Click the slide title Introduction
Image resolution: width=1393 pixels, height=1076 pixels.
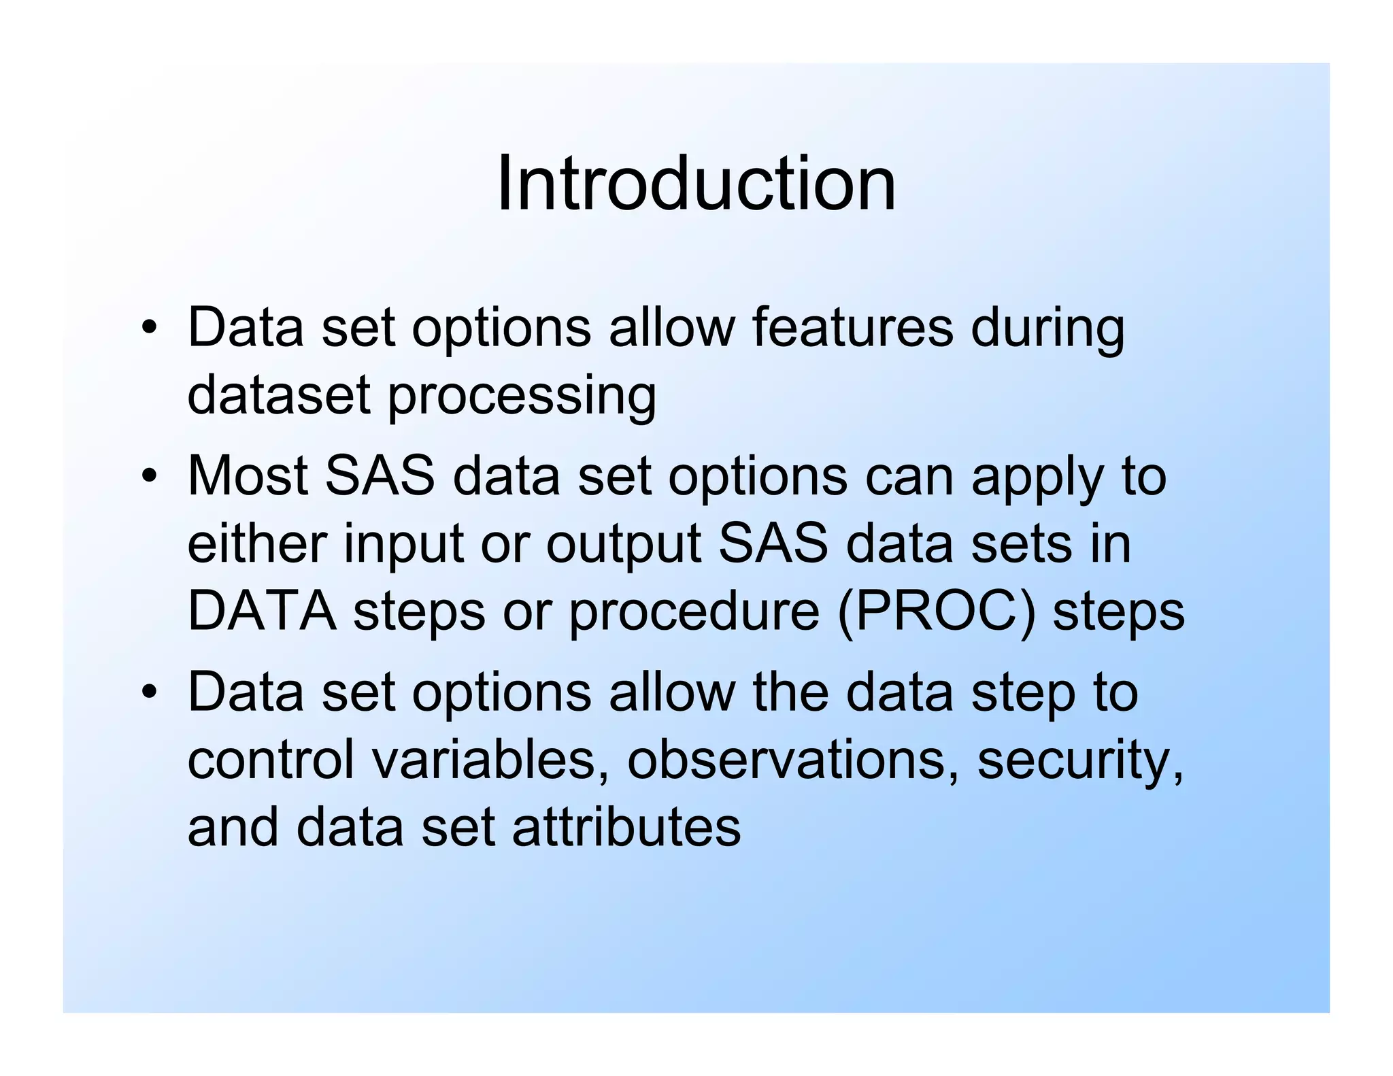[696, 184]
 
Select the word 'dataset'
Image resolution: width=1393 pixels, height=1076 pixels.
[278, 395]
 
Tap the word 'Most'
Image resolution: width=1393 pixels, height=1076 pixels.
[248, 475]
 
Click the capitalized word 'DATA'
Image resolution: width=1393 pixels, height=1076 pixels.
[261, 611]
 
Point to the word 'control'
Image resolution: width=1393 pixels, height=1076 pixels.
[270, 759]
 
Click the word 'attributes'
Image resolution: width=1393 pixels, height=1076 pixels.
[626, 828]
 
